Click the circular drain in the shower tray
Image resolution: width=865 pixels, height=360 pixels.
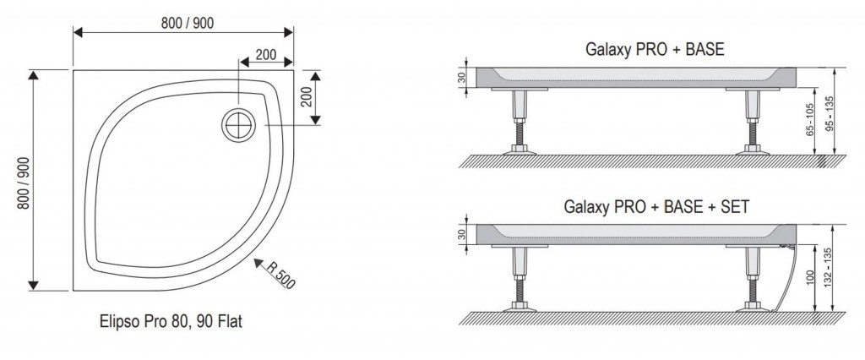pyautogui.click(x=239, y=125)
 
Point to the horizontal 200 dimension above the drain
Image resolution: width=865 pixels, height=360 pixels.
pyautogui.click(x=265, y=54)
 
